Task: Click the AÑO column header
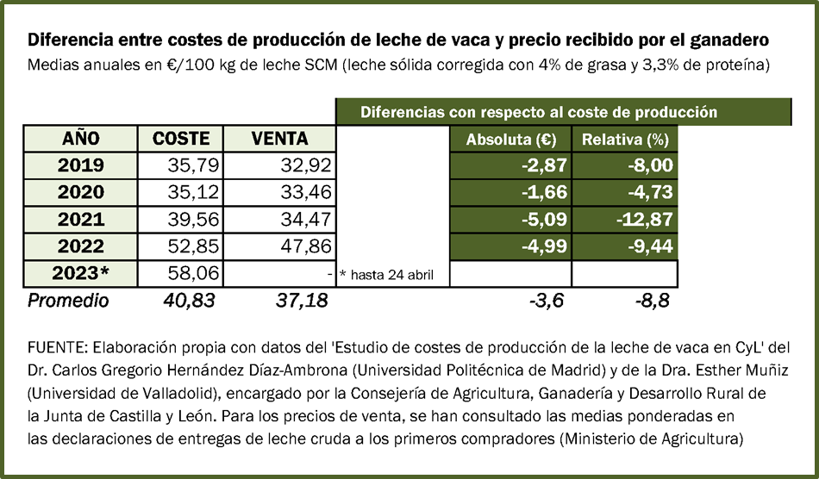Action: (x=81, y=139)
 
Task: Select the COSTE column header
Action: (x=181, y=139)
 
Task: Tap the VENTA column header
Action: (x=279, y=139)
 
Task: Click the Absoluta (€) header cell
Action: (x=509, y=139)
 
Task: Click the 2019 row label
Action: (x=81, y=165)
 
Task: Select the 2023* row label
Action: (x=81, y=274)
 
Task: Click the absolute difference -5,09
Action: (x=542, y=220)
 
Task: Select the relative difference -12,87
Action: (x=643, y=220)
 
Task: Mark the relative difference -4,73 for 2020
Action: (x=648, y=192)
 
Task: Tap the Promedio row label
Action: (x=69, y=301)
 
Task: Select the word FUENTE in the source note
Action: (x=58, y=347)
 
